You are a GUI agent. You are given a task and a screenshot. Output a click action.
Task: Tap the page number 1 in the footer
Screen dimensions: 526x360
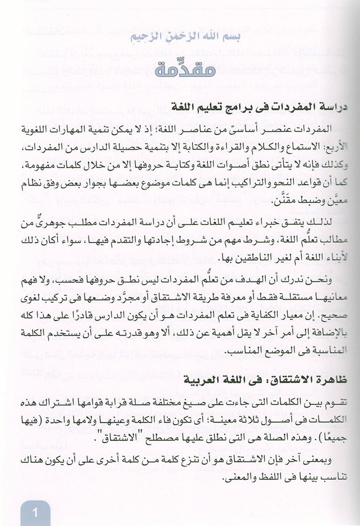[x=35, y=512]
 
